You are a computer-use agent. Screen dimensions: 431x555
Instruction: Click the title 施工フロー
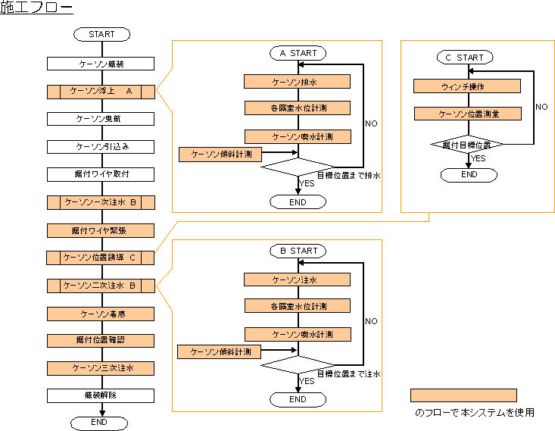pos(36,9)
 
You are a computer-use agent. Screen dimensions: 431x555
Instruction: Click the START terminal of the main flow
pos(101,35)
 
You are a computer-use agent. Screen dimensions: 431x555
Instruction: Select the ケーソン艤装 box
pos(101,64)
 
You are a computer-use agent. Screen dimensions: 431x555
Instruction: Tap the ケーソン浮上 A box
pos(101,92)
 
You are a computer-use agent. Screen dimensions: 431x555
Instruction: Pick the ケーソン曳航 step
pos(101,119)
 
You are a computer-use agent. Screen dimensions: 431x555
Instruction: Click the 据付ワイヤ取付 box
pos(101,174)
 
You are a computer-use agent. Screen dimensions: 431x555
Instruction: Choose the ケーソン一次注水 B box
pos(101,202)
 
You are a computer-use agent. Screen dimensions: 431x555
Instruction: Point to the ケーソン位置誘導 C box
pos(101,258)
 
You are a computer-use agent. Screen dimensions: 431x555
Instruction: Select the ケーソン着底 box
pos(101,313)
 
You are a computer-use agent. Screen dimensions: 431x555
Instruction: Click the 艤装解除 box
pos(101,395)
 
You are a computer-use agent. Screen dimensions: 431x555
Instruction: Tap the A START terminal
pos(298,54)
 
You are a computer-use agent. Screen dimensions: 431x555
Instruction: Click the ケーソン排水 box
pos(298,81)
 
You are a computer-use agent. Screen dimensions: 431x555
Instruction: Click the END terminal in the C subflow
pos(469,174)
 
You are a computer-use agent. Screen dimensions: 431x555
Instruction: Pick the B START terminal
pos(298,251)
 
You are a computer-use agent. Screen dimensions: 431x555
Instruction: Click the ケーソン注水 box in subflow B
pos(298,280)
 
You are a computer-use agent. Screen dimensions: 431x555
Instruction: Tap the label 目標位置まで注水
pos(348,373)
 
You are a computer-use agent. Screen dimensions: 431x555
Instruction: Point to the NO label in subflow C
pos(541,107)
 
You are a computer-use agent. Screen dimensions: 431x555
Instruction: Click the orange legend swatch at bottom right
pos(463,395)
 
